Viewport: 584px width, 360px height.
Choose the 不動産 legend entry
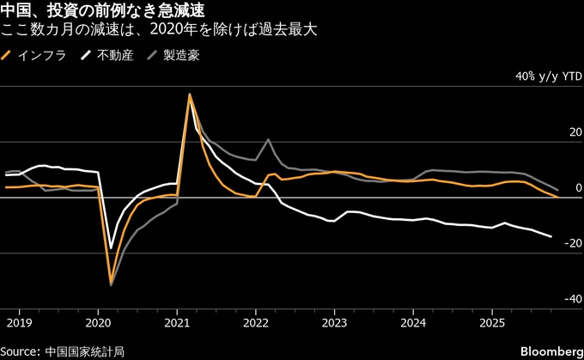click(x=107, y=56)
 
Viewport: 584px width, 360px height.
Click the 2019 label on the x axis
click(x=18, y=323)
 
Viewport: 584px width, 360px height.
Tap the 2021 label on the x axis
click(x=176, y=323)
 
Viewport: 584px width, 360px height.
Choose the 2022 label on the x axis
click(x=255, y=323)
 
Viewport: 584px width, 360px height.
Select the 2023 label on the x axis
click(x=334, y=323)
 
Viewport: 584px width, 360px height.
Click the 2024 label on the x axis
click(x=413, y=323)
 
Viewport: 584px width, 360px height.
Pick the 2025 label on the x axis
click(x=492, y=323)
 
